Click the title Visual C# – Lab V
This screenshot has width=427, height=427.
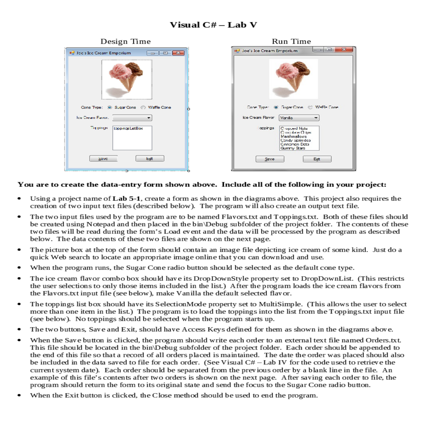213,25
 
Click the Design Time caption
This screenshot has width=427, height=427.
125,41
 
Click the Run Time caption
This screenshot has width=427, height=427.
291,41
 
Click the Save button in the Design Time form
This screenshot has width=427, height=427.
103,159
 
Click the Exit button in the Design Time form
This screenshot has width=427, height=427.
149,159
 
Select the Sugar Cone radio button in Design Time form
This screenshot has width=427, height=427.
110,107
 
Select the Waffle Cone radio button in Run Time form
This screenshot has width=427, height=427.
310,107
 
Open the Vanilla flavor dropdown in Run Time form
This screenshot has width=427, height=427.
299,118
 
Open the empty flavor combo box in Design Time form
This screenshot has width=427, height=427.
132,118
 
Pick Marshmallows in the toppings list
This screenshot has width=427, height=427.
294,136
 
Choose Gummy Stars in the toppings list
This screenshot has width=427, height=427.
293,148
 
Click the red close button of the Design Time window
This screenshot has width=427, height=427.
178,53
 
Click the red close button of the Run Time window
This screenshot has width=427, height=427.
344,49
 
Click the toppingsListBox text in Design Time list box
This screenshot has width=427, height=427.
128,128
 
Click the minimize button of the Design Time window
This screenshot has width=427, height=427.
153,53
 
